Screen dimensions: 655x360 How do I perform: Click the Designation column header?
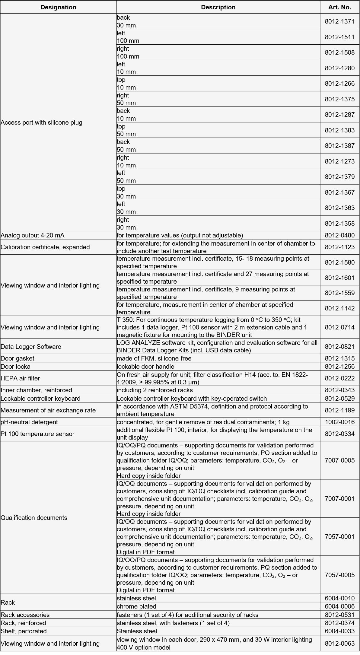click(x=58, y=7)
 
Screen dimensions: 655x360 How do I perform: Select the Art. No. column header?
click(x=339, y=7)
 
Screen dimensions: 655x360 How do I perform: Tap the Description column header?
click(x=218, y=7)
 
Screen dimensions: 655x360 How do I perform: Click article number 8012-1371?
click(x=339, y=21)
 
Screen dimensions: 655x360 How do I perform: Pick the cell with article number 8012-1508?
click(x=339, y=52)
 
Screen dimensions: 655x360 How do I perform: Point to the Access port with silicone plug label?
click(x=41, y=122)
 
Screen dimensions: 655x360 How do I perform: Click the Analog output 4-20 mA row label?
click(x=33, y=235)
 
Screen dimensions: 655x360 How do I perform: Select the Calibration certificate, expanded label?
click(x=45, y=247)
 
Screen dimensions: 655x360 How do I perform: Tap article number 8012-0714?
click(x=339, y=327)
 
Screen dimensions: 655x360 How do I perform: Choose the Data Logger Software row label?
click(x=31, y=347)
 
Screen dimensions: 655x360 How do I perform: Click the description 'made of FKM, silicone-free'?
click(x=154, y=358)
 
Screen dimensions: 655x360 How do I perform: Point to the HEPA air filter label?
click(x=20, y=378)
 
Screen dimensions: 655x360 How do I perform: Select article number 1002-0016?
click(x=339, y=422)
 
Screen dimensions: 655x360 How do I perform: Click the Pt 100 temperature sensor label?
click(x=37, y=434)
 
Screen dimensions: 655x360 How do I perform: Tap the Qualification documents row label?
click(x=34, y=518)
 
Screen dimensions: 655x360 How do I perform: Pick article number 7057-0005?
click(x=339, y=575)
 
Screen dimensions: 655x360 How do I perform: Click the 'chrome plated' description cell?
click(x=136, y=606)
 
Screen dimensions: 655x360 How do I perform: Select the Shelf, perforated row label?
click(x=24, y=631)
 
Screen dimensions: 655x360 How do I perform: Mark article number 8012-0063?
click(x=339, y=644)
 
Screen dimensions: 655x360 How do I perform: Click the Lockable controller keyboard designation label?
click(x=40, y=399)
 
